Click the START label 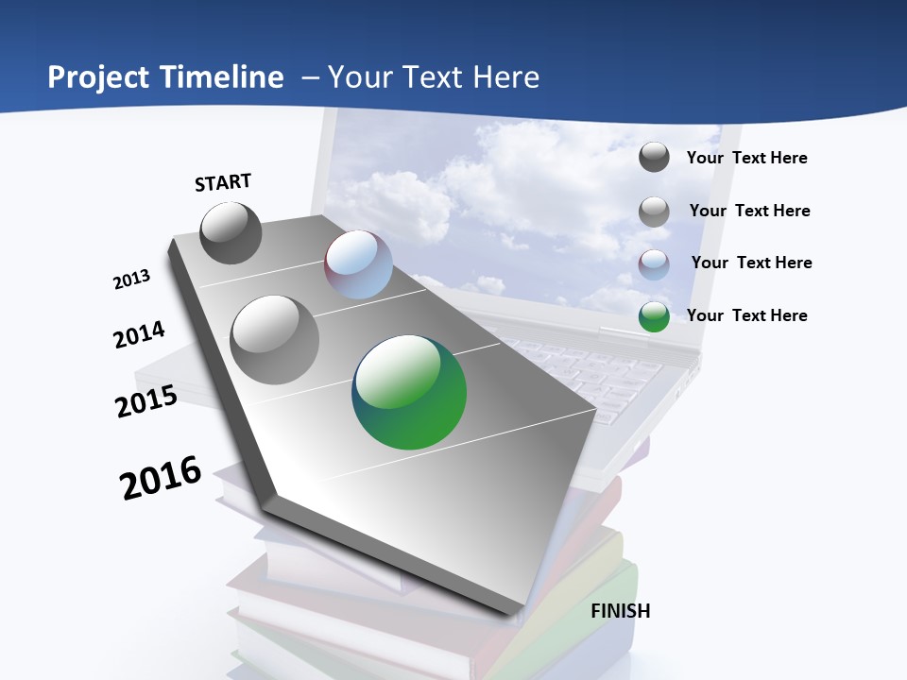click(223, 182)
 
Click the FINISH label click(621, 611)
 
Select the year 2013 click(131, 280)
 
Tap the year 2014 click(139, 335)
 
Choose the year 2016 click(161, 477)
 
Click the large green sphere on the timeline click(409, 392)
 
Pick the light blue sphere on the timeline click(358, 264)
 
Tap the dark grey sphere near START click(231, 232)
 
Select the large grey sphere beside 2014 click(275, 339)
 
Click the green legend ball click(654, 316)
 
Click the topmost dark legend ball click(654, 157)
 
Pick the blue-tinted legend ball click(654, 263)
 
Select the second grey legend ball click(654, 212)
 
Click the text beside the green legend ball click(746, 315)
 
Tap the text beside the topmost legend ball click(746, 158)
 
